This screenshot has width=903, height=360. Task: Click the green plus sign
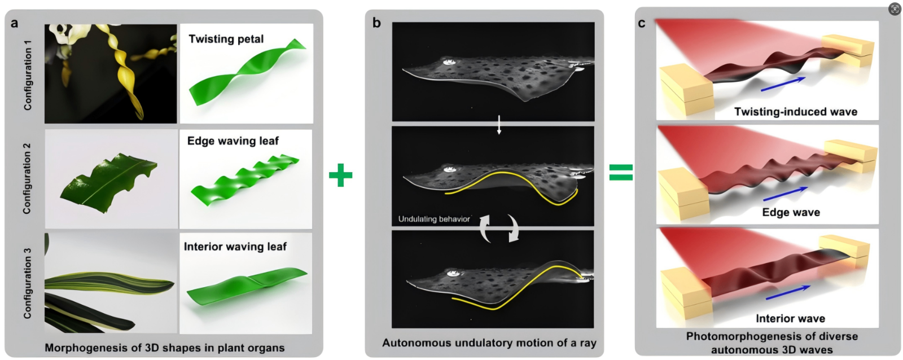340,175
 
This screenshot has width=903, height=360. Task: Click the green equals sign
621,172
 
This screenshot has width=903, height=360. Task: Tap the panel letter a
14,23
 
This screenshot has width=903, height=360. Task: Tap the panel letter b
376,23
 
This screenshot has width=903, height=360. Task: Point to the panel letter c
642,23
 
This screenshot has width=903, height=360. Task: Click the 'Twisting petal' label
226,39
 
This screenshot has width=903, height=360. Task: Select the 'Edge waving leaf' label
233,141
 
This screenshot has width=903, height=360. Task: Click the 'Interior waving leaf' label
235,247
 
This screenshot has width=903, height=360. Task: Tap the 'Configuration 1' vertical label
28,74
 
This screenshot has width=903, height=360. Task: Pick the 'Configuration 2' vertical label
27,178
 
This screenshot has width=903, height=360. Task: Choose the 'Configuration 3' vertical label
27,283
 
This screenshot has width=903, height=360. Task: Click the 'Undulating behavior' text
433,219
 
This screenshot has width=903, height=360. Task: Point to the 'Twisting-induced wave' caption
795,112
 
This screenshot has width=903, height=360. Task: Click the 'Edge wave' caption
791,212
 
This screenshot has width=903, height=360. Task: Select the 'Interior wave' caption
790,319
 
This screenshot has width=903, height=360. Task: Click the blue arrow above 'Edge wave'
785,194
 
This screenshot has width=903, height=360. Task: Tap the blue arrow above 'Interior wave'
788,292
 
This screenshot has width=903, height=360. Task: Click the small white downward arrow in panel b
499,125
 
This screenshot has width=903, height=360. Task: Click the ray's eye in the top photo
449,62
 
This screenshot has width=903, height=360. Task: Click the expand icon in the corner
895,9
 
